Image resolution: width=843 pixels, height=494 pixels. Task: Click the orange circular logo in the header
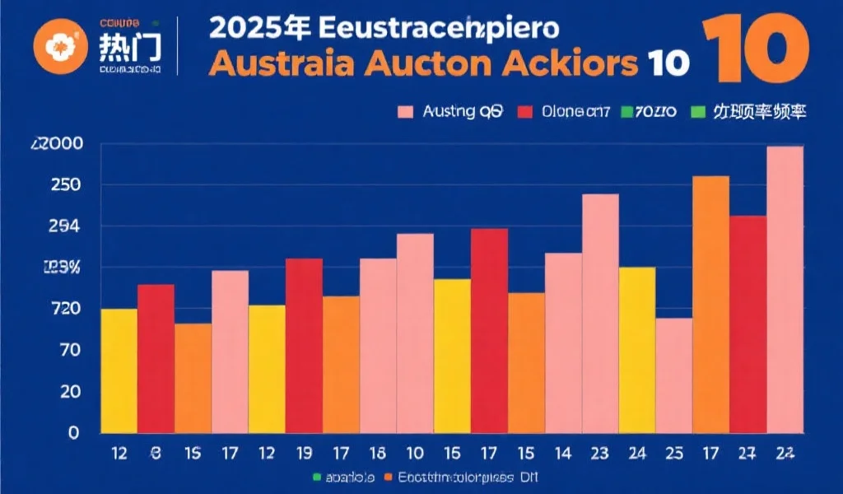pyautogui.click(x=58, y=45)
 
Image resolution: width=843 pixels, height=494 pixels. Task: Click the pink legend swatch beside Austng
pyautogui.click(x=406, y=112)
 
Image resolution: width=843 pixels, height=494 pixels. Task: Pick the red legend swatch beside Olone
pyautogui.click(x=524, y=112)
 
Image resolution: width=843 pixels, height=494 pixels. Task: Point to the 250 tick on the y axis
pyautogui.click(x=63, y=185)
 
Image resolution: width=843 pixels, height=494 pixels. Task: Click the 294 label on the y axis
pyautogui.click(x=63, y=226)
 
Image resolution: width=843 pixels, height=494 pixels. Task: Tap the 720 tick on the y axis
pyautogui.click(x=63, y=310)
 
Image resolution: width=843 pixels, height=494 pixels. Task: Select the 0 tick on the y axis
pyautogui.click(x=73, y=433)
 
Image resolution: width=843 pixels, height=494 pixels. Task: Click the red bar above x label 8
pyautogui.click(x=156, y=358)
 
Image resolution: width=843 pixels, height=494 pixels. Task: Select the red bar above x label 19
pyautogui.click(x=304, y=346)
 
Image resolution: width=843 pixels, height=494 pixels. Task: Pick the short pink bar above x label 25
pyautogui.click(x=674, y=375)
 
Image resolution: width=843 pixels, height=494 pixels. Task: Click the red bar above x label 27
pyautogui.click(x=748, y=324)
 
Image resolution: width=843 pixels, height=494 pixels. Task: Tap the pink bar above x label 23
pyautogui.click(x=600, y=313)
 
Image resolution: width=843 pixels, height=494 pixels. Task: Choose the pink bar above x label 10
pyautogui.click(x=415, y=333)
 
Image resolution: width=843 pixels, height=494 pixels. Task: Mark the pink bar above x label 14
pyautogui.click(x=563, y=343)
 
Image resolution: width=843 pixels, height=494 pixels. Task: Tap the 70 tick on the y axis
pyautogui.click(x=68, y=351)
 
